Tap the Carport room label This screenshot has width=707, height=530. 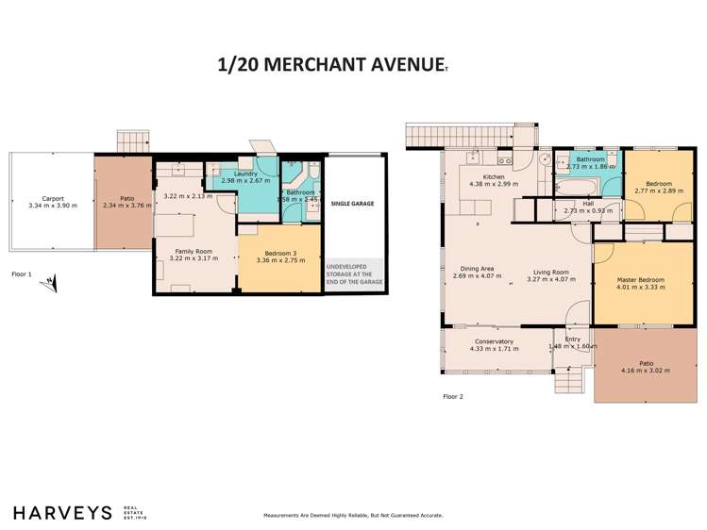tap(44, 198)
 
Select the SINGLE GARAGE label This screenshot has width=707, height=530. tap(354, 203)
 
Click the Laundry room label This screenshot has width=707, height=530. tap(246, 174)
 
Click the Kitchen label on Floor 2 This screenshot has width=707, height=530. tap(494, 177)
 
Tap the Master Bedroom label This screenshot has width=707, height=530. tap(642, 280)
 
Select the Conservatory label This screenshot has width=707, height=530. tap(494, 341)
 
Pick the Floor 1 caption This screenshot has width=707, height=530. tap(22, 273)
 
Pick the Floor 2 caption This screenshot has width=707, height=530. tap(453, 397)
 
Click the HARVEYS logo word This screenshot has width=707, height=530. tap(62, 512)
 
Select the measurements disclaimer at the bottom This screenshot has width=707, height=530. tap(352, 516)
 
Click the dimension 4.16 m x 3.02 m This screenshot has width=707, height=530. tap(646, 371)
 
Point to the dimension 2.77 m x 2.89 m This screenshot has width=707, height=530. tap(659, 191)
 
